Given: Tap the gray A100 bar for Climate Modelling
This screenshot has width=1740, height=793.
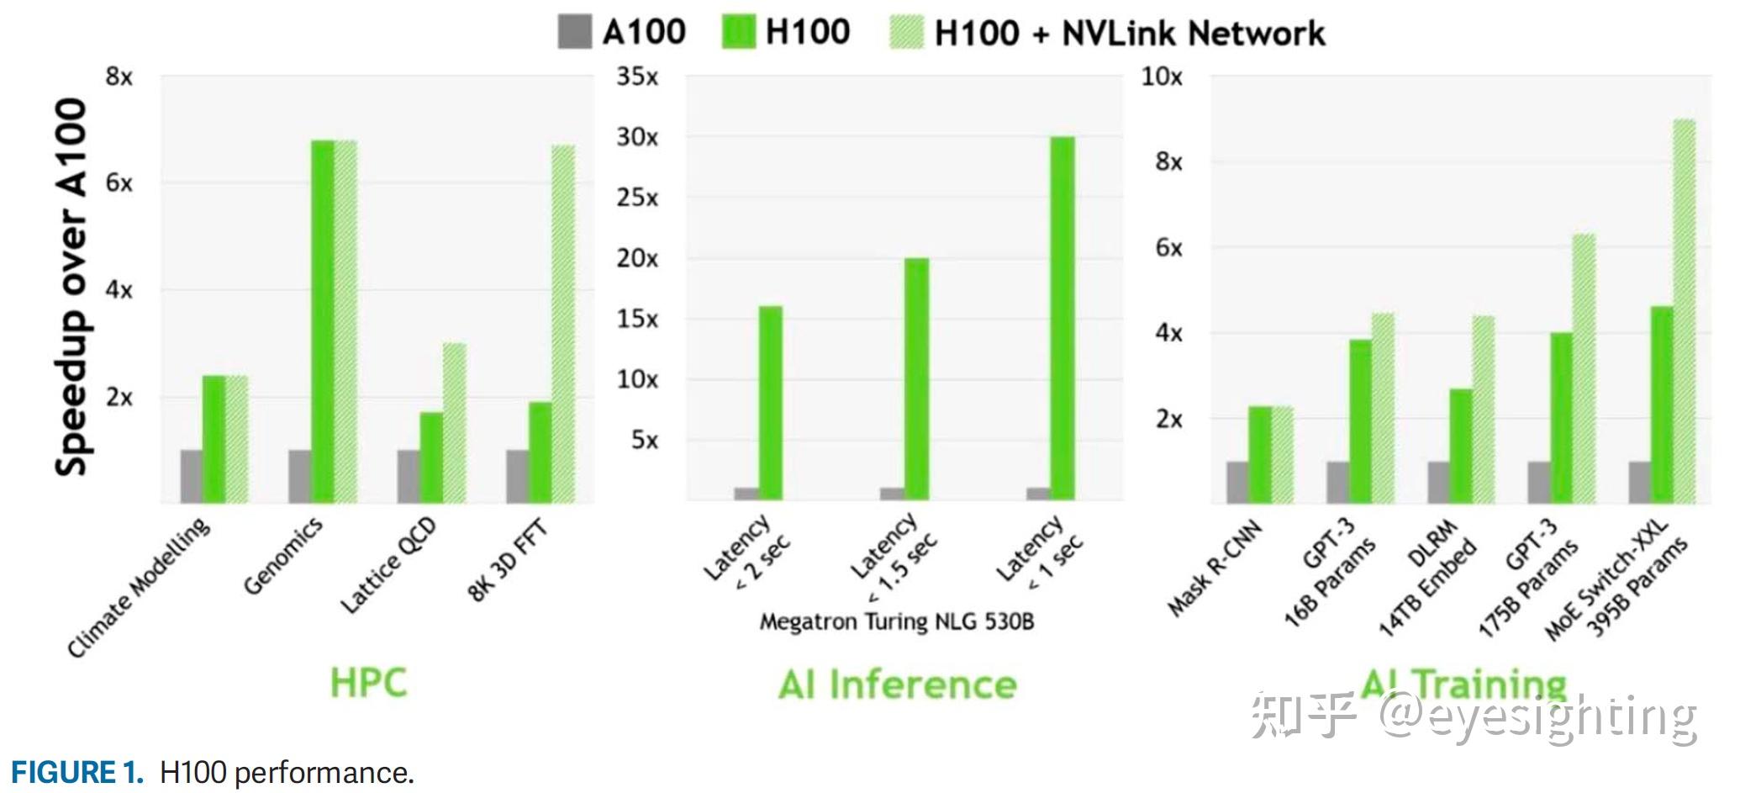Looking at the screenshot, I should coord(192,476).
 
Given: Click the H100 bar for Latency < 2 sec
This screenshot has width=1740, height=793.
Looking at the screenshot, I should coord(771,403).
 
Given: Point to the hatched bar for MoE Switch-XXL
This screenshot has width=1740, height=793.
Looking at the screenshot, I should coord(1684,311).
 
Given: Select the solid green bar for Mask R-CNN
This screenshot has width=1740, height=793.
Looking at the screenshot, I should coord(1259,454).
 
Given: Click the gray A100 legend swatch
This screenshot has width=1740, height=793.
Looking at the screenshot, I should coord(575,32).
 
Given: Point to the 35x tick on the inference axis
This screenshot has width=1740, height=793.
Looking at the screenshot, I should coord(637,77).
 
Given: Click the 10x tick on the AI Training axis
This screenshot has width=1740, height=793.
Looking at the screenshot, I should coord(1161,77).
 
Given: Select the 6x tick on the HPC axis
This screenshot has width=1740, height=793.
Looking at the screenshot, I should coord(119,183).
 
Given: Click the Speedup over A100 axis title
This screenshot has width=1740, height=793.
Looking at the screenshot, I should coord(71,287).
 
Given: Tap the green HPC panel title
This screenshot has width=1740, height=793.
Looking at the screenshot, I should coord(368,682).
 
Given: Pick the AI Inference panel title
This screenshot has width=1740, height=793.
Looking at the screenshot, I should coord(897,685).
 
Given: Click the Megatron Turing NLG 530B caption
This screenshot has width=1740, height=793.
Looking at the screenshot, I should coord(896,621).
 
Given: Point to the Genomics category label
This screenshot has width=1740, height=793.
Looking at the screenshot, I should coord(282,556).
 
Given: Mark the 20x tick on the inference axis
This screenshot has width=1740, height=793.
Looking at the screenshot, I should coord(637,258).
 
